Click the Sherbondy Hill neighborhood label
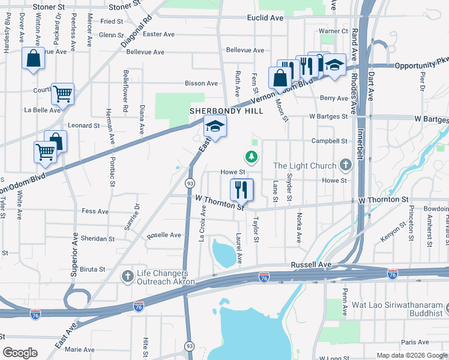coord(226,111)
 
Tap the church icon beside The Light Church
coord(345,164)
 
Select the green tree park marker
coord(251,157)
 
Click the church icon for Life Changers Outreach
coord(127,277)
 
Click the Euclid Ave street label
coord(265,18)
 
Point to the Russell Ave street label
coord(311,265)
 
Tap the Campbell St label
coord(330,141)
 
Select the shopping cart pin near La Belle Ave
coord(62,94)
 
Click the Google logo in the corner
coord(20,353)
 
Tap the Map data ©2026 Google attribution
coord(411,355)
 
